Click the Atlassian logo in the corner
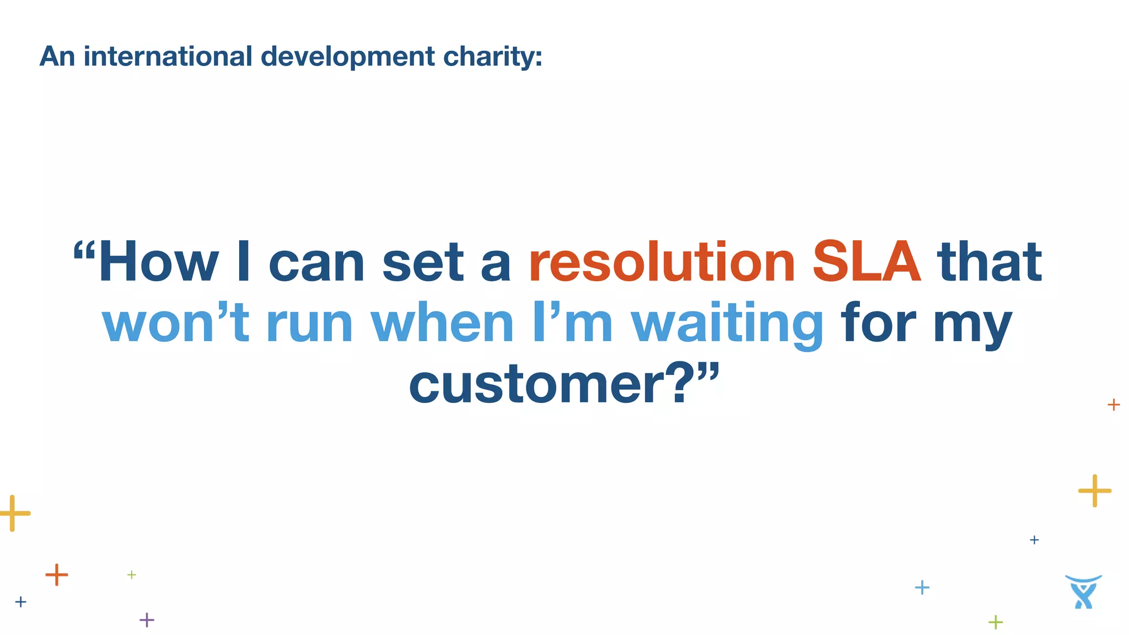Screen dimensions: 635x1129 (1083, 592)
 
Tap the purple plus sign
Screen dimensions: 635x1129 (147, 620)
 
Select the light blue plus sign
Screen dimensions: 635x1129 (922, 588)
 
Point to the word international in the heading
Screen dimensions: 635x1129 (168, 56)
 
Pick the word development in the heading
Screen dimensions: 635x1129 (347, 57)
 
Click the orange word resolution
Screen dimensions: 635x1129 (662, 262)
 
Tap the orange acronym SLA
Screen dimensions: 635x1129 (866, 262)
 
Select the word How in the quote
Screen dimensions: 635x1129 (158, 262)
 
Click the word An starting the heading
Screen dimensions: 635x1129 (57, 56)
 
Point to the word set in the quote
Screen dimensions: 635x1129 (423, 263)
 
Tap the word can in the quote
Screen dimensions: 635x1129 (316, 263)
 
